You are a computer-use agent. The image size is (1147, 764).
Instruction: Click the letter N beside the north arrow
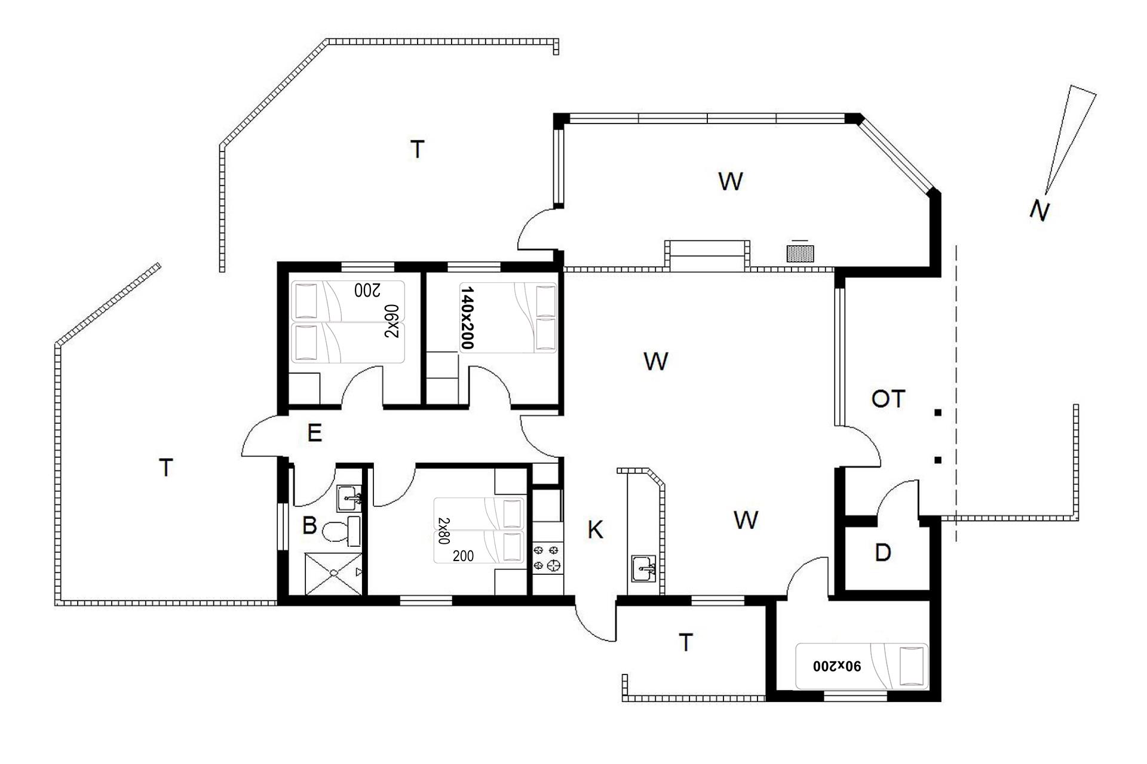tap(1040, 211)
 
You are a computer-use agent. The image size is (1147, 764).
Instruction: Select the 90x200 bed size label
tap(837, 666)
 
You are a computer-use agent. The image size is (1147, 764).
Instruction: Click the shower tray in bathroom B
tap(333, 574)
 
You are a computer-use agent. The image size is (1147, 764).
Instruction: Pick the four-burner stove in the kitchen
tap(548, 556)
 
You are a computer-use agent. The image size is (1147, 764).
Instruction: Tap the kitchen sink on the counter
tap(643, 568)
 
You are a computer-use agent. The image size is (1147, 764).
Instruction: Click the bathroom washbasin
tap(349, 498)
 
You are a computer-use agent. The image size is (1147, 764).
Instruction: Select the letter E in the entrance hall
tap(314, 433)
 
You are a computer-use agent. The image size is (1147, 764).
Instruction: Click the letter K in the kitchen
tap(595, 529)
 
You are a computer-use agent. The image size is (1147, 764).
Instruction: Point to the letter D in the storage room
tap(882, 553)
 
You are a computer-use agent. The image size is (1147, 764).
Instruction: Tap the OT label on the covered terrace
tap(888, 399)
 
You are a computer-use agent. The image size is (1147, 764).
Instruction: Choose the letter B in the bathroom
tap(309, 526)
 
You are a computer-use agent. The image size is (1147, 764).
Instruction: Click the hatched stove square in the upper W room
tap(800, 254)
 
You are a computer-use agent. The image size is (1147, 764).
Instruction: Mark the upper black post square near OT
tap(938, 412)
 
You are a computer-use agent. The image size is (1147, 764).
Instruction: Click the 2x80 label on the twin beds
tap(443, 531)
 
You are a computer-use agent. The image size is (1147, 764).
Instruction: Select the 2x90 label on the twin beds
tap(391, 321)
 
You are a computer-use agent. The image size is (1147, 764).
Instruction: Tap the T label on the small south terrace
tap(686, 643)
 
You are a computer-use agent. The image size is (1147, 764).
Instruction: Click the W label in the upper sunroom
tap(730, 181)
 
